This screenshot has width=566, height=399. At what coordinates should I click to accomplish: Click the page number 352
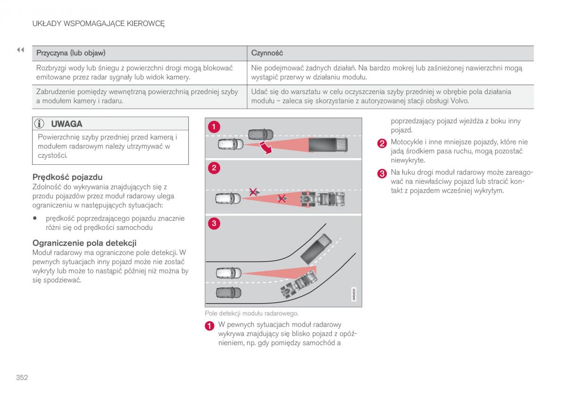coord(22,377)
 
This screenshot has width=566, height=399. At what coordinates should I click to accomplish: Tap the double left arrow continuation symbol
coord(20,50)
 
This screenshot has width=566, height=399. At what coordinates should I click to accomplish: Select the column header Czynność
coord(267,53)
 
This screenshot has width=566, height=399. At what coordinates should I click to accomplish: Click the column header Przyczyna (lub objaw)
coord(71,53)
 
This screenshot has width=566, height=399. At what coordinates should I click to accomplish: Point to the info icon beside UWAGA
coord(39,124)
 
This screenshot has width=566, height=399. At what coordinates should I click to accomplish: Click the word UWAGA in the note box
coord(67,124)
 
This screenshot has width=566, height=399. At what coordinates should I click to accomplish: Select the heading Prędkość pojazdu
coord(67,177)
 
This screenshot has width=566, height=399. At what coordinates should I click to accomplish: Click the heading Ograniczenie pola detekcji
coord(84,243)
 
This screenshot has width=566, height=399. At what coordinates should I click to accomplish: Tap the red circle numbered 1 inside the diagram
coord(214,127)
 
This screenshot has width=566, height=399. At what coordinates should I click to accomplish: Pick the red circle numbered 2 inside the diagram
coord(214,168)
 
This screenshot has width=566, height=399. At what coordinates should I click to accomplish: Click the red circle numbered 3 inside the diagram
coord(214,223)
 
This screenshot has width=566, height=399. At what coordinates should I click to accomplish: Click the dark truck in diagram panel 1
coord(328,144)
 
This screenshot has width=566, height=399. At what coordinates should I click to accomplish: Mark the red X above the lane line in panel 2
coord(253,192)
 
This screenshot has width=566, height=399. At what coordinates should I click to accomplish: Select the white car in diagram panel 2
coord(228,198)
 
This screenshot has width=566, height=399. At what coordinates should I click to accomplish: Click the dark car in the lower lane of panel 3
coord(229,292)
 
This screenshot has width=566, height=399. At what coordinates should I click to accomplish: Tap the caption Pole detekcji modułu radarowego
coord(252,314)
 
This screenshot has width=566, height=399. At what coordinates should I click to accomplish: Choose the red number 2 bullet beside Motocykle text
coord(382,144)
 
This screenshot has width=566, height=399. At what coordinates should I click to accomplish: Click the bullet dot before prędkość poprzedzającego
coord(35,218)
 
